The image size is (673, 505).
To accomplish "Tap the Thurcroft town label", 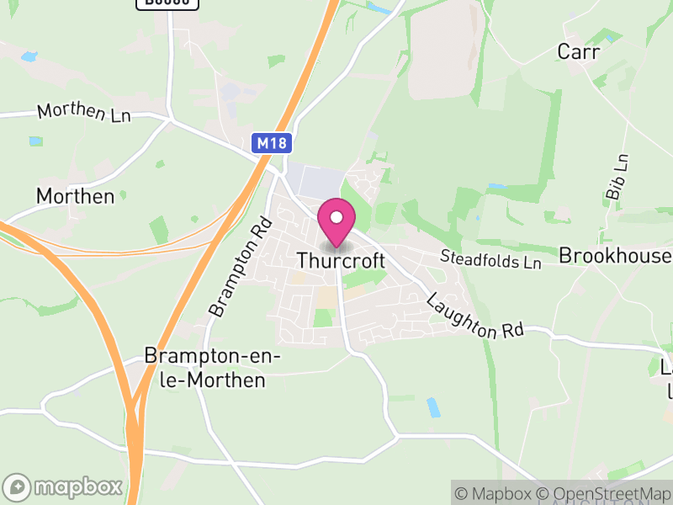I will (341, 261).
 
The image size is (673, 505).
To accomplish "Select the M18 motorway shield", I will (271, 143).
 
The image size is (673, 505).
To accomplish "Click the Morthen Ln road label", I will (83, 113).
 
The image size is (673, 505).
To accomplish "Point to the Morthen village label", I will (75, 196).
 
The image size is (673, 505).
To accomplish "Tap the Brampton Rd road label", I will (241, 267).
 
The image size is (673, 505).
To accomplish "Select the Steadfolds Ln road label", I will (492, 259).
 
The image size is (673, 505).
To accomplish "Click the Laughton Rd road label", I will (474, 316).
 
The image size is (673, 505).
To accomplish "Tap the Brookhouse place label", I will (615, 256).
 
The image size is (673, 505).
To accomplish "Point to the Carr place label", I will (579, 52).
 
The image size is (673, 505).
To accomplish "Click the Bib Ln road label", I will (617, 177).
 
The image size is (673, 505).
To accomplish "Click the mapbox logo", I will (64, 486).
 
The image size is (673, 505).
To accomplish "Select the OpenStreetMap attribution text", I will (603, 493).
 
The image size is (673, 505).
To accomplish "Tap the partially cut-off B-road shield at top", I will (167, 3).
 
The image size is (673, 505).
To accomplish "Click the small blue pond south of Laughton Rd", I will (433, 408).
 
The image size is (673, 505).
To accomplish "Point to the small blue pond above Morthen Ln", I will (29, 57).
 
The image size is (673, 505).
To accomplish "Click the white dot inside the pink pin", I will (336, 217).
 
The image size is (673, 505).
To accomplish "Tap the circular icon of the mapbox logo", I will (17, 487).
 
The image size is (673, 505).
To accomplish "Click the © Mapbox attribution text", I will (495, 493).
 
